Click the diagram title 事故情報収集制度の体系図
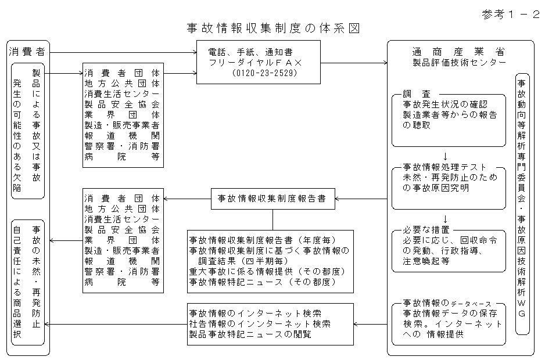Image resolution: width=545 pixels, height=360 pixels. pos(272,28)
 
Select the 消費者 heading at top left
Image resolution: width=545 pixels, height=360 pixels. pos(28,51)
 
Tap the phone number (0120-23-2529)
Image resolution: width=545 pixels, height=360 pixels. pos(263,73)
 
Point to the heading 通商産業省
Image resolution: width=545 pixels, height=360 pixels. pos(458,51)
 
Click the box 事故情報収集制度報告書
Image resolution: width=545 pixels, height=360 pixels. pos(272,198)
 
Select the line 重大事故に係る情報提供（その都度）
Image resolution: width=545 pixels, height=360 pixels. pos(268,271)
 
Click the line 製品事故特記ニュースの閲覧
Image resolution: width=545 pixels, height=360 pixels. pos(250,334)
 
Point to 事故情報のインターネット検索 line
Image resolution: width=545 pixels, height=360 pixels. pos(255,314)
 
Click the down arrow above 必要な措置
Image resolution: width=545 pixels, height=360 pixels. pos(444,219)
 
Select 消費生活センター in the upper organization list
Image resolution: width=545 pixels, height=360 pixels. pos(122,94)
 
